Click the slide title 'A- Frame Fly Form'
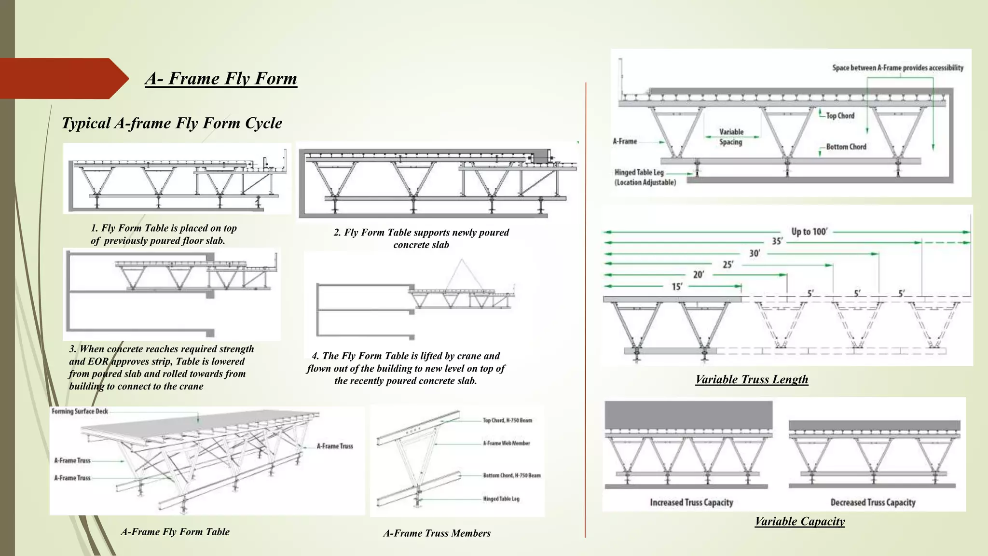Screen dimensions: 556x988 pyautogui.click(x=221, y=78)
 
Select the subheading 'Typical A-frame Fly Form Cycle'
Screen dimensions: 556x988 pyautogui.click(x=172, y=123)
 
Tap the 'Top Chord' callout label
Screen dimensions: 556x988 pyautogui.click(x=840, y=116)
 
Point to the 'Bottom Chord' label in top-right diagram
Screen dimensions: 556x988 pyautogui.click(x=846, y=147)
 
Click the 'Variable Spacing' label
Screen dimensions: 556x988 pyautogui.click(x=731, y=137)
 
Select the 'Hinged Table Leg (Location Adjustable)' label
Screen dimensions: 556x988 pyautogui.click(x=645, y=177)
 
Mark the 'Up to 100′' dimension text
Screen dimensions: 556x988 pyautogui.click(x=809, y=232)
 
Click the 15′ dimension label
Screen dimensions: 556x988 pyautogui.click(x=676, y=287)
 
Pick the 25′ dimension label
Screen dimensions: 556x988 pyautogui.click(x=727, y=264)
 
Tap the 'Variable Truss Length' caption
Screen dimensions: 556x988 pyautogui.click(x=752, y=379)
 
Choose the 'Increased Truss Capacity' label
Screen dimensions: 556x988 pyautogui.click(x=691, y=502)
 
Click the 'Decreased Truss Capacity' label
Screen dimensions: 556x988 pyautogui.click(x=873, y=502)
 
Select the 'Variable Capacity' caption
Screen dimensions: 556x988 pyautogui.click(x=799, y=521)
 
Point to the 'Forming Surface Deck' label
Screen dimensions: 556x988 pyautogui.click(x=80, y=411)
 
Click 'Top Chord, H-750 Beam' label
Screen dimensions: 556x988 pyautogui.click(x=507, y=420)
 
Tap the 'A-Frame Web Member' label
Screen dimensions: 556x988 pyautogui.click(x=506, y=443)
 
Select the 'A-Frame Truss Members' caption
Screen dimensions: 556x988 pyautogui.click(x=437, y=533)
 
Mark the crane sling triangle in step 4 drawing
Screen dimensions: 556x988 pyautogui.click(x=461, y=275)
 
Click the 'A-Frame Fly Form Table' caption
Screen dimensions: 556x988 pyautogui.click(x=175, y=532)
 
